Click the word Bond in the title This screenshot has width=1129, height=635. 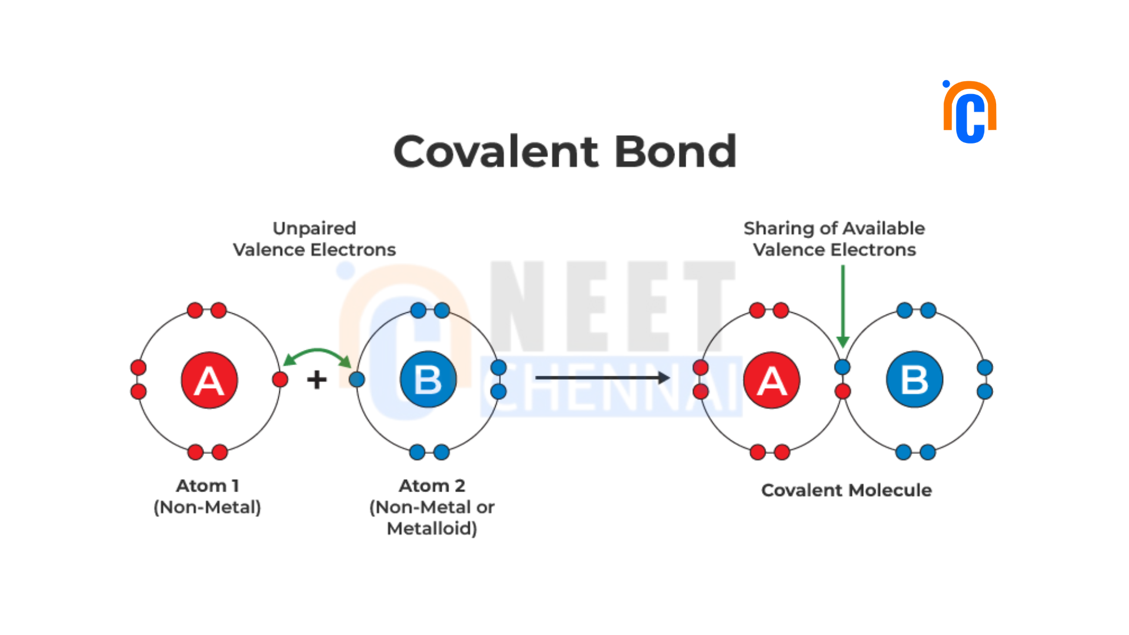(x=676, y=151)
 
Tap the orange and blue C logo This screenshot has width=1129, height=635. (x=970, y=112)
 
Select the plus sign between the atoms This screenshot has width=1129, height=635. (x=317, y=379)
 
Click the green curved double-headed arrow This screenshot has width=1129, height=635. (x=318, y=351)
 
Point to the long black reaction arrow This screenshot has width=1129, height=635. (x=603, y=377)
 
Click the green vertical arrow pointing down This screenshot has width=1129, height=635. (x=843, y=306)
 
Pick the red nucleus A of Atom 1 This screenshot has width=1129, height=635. (x=209, y=380)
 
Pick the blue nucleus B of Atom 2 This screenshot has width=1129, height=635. (x=428, y=379)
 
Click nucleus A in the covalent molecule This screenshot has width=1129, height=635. (x=771, y=380)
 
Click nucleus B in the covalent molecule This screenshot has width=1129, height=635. (x=914, y=379)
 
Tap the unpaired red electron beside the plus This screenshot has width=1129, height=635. (x=280, y=379)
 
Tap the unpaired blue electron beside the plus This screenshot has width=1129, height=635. (x=357, y=379)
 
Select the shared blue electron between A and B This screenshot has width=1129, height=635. (x=843, y=367)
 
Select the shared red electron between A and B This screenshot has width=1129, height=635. (x=843, y=391)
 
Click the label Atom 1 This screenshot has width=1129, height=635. (x=208, y=486)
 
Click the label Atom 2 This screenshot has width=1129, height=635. (x=432, y=486)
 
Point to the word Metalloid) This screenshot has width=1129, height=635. (x=432, y=529)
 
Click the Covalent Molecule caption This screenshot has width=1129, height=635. (x=846, y=490)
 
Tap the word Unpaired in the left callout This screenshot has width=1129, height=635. (x=315, y=229)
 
